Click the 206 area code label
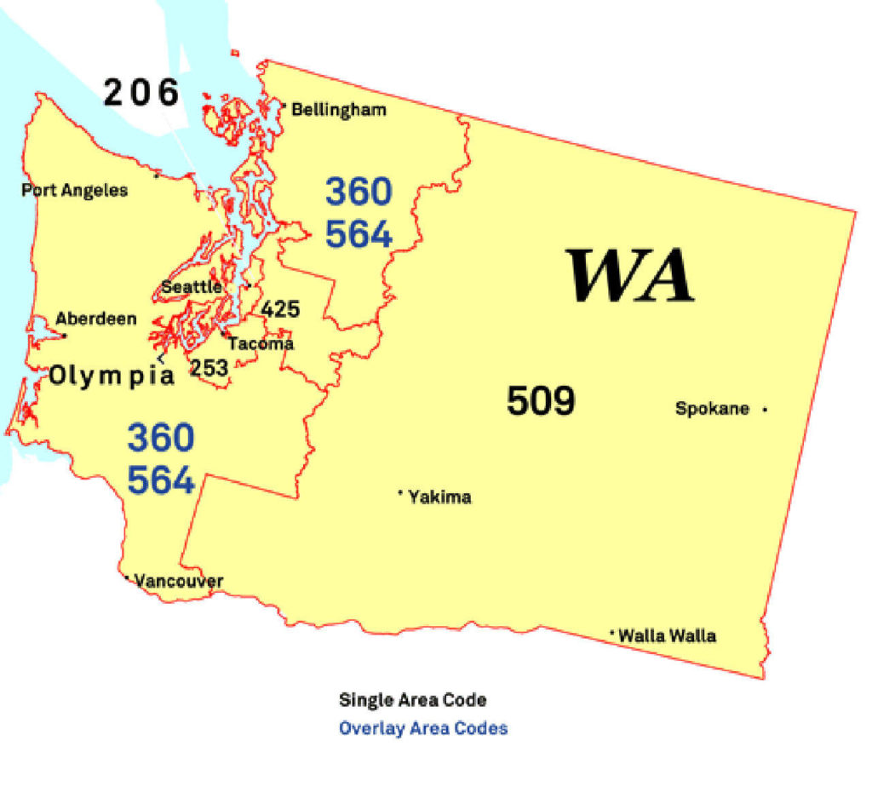coord(141,92)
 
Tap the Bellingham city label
coord(339,110)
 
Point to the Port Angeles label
coord(75,190)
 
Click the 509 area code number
coord(541,400)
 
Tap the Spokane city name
coord(712,409)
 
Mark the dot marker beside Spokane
coord(765,410)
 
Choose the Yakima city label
coord(439,497)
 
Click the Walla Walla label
coord(667,636)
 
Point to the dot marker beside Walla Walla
coord(612,633)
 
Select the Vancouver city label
coord(179,582)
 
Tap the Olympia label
coord(112,376)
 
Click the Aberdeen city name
coord(96,319)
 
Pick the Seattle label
coord(192,287)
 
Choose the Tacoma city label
coord(261,344)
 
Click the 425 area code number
coord(280,308)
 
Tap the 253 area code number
coord(209,368)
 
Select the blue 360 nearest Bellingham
coord(359,192)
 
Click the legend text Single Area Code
coord(413,700)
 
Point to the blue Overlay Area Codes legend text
coord(423,728)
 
